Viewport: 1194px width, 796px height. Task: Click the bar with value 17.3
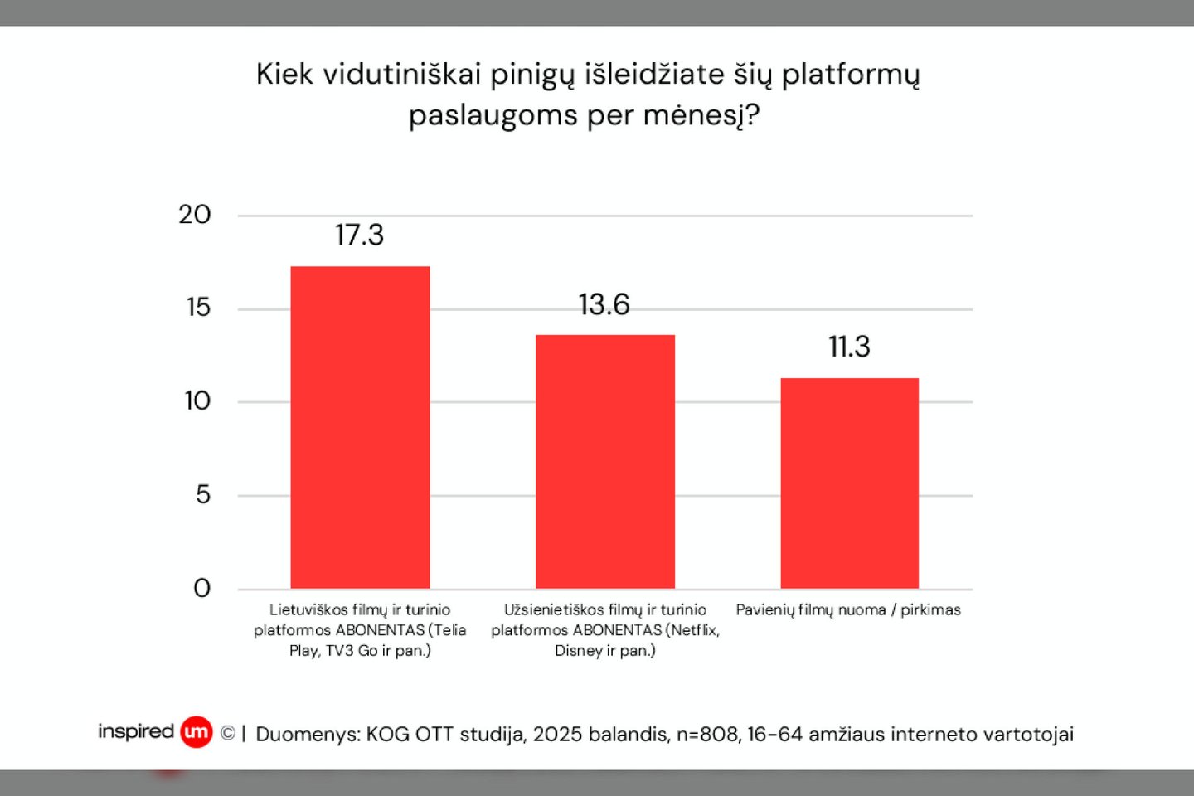pyautogui.click(x=360, y=427)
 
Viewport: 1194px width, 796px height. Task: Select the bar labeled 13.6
pyautogui.click(x=604, y=461)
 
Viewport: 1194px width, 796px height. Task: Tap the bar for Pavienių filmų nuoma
pyautogui.click(x=849, y=483)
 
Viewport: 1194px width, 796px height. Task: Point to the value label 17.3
pyautogui.click(x=359, y=235)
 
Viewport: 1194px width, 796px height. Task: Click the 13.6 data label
pyautogui.click(x=604, y=305)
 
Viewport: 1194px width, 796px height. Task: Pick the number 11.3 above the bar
pyautogui.click(x=849, y=347)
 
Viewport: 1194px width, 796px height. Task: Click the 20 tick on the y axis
pyautogui.click(x=195, y=215)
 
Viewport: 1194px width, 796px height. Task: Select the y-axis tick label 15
pyautogui.click(x=198, y=308)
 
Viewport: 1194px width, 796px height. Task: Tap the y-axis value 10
pyautogui.click(x=197, y=401)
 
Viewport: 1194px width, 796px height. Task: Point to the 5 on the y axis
pyautogui.click(x=203, y=495)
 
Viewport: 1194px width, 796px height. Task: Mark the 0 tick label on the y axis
pyautogui.click(x=201, y=589)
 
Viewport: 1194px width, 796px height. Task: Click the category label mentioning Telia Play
pyautogui.click(x=360, y=630)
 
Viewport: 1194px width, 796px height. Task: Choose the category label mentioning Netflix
pyautogui.click(x=604, y=630)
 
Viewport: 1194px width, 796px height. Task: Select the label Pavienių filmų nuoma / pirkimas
pyautogui.click(x=848, y=610)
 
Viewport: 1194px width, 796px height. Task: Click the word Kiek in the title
pyautogui.click(x=284, y=75)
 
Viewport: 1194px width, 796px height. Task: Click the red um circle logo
pyautogui.click(x=197, y=732)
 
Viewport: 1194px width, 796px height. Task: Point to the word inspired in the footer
pyautogui.click(x=136, y=731)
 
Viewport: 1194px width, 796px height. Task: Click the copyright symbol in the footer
pyautogui.click(x=228, y=734)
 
